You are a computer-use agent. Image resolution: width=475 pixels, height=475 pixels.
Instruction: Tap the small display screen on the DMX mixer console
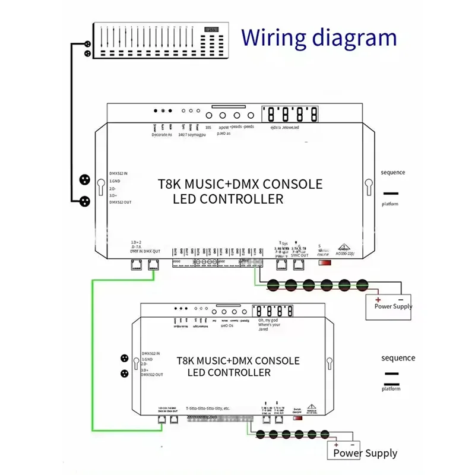pos(210,30)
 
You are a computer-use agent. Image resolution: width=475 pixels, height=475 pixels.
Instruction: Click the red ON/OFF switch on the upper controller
pos(325,262)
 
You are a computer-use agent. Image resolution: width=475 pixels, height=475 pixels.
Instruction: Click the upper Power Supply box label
pos(393,306)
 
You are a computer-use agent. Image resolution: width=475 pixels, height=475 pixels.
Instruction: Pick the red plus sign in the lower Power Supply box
pos(336,444)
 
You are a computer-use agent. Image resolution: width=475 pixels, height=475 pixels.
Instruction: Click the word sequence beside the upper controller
pos(392,173)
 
